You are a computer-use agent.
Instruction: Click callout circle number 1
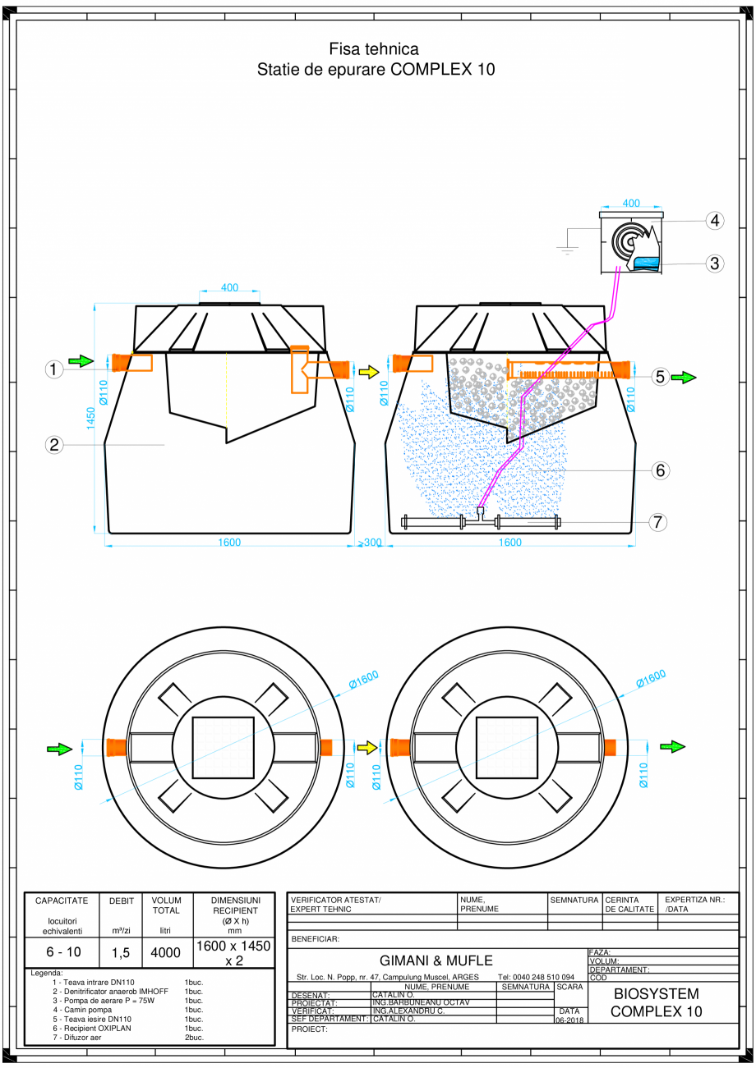click(x=54, y=370)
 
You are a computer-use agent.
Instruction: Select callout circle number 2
click(x=54, y=445)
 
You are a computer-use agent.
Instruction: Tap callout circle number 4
click(x=715, y=220)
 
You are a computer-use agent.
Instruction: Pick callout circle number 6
click(x=659, y=470)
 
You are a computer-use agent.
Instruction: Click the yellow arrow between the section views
click(x=369, y=372)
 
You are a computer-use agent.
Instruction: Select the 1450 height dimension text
click(x=90, y=417)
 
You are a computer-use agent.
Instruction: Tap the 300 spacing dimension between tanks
click(x=372, y=543)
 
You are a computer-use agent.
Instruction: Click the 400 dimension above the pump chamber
click(x=630, y=203)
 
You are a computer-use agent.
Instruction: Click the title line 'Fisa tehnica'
click(x=374, y=50)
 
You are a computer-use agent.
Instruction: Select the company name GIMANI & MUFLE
click(x=436, y=960)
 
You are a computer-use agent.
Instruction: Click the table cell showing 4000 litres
click(x=165, y=953)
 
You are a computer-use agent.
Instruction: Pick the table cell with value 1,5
click(x=120, y=953)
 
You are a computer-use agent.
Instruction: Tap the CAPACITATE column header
click(x=62, y=901)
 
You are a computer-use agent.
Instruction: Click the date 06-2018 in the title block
click(x=570, y=1020)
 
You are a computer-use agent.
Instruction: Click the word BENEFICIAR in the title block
click(x=316, y=938)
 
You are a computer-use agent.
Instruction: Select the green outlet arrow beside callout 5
click(x=684, y=378)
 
